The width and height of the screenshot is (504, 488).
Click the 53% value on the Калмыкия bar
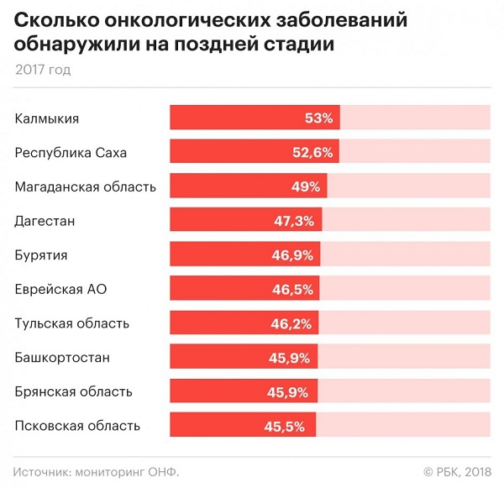[318, 118]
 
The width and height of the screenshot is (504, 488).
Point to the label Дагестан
[45, 221]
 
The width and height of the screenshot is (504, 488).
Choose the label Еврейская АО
[61, 290]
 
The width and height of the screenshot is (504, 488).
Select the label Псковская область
[77, 426]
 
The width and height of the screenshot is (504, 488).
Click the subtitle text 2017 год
[43, 70]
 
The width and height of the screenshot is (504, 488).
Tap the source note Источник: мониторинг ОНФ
[97, 470]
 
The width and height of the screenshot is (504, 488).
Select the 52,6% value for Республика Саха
[313, 153]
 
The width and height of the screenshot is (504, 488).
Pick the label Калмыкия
[47, 118]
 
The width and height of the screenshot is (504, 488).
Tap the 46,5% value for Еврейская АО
[293, 290]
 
